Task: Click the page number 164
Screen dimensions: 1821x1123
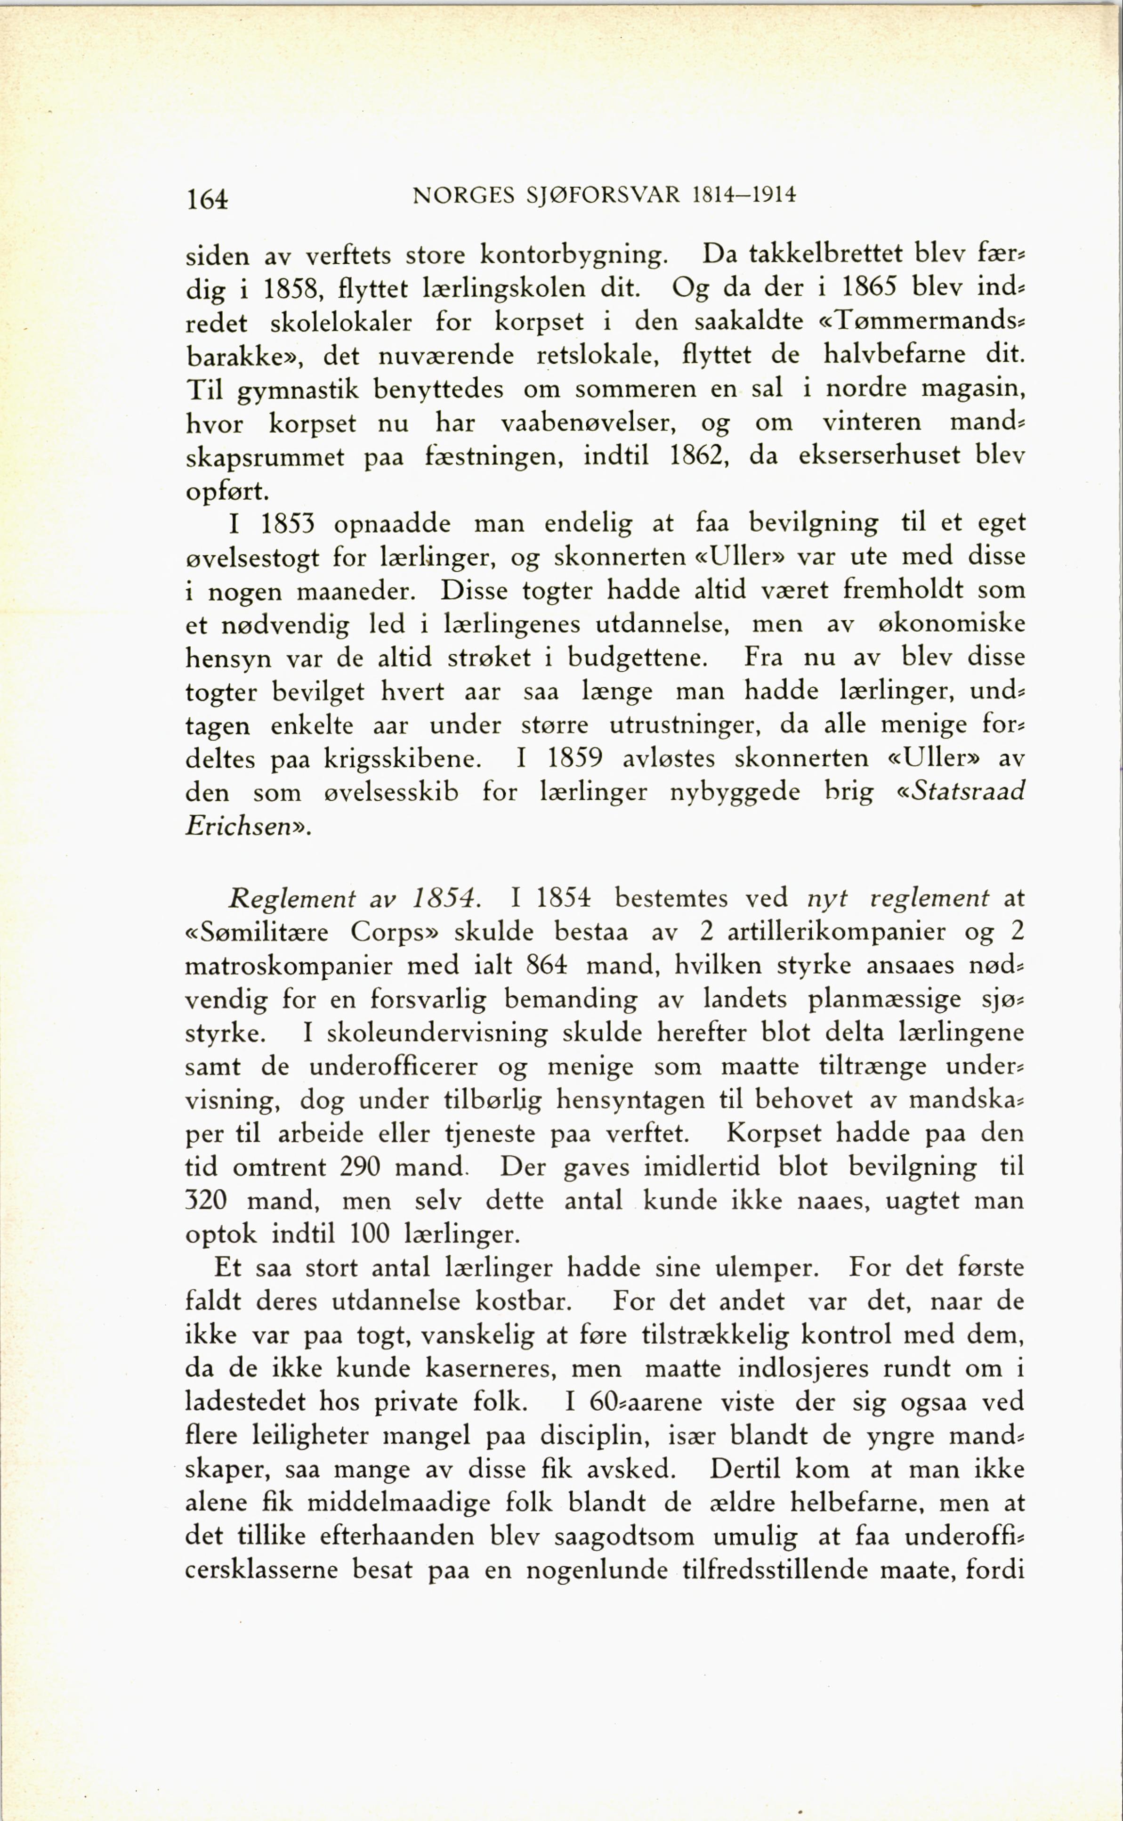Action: click(207, 199)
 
